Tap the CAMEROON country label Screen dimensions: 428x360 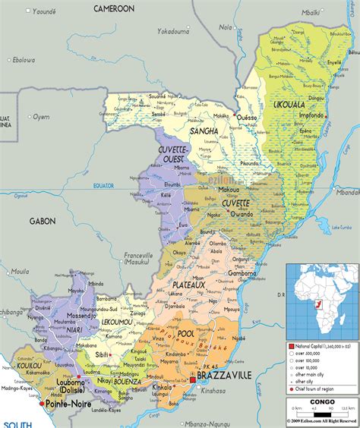[114, 8]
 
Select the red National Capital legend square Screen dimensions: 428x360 [292, 345]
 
